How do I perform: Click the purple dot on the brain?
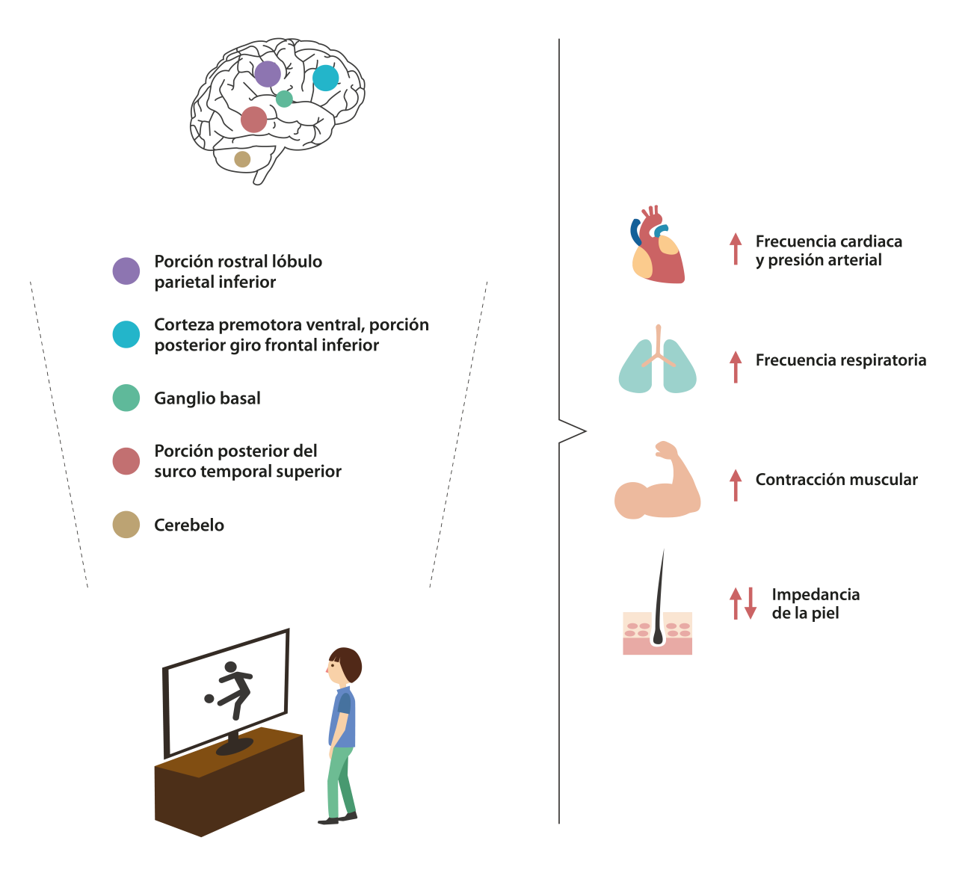(267, 74)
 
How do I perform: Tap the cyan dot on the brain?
(325, 78)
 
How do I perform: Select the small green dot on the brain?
(284, 99)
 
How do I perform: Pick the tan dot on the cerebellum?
(242, 159)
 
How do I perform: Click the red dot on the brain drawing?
(253, 120)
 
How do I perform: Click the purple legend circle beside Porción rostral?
(126, 271)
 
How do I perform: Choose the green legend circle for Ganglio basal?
(126, 398)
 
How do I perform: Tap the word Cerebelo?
(189, 525)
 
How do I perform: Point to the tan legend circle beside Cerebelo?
(126, 525)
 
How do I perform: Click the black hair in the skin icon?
(659, 598)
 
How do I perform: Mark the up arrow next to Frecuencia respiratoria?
(736, 367)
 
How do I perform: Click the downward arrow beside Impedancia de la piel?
(751, 603)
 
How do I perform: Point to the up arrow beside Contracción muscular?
(736, 485)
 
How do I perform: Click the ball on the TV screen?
(209, 699)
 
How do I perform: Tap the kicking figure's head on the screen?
(231, 667)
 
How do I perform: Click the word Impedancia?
(816, 595)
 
